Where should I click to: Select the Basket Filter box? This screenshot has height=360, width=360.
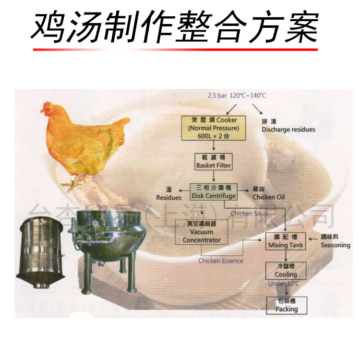(x=214, y=161)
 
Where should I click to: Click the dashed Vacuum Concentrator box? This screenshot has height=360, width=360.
(x=202, y=232)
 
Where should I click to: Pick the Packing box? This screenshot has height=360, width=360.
(x=287, y=305)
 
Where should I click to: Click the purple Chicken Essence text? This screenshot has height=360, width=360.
(x=221, y=261)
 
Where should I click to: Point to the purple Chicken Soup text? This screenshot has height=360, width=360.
(x=249, y=213)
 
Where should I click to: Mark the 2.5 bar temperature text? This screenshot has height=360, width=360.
(x=237, y=96)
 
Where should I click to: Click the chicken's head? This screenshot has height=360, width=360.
(x=47, y=108)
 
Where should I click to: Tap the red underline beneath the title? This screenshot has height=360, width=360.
(x=175, y=49)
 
